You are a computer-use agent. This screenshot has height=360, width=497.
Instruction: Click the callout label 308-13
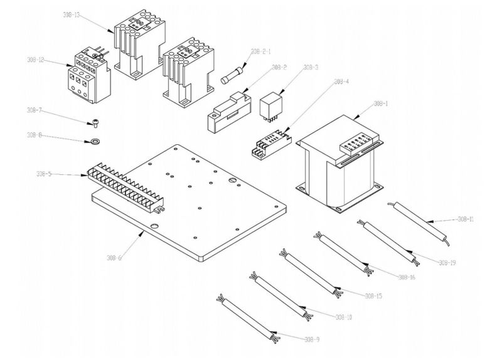[x=72, y=13]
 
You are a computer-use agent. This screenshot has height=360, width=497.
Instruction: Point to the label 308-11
[x=466, y=219]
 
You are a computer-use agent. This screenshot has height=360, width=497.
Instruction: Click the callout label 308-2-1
[x=260, y=53]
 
